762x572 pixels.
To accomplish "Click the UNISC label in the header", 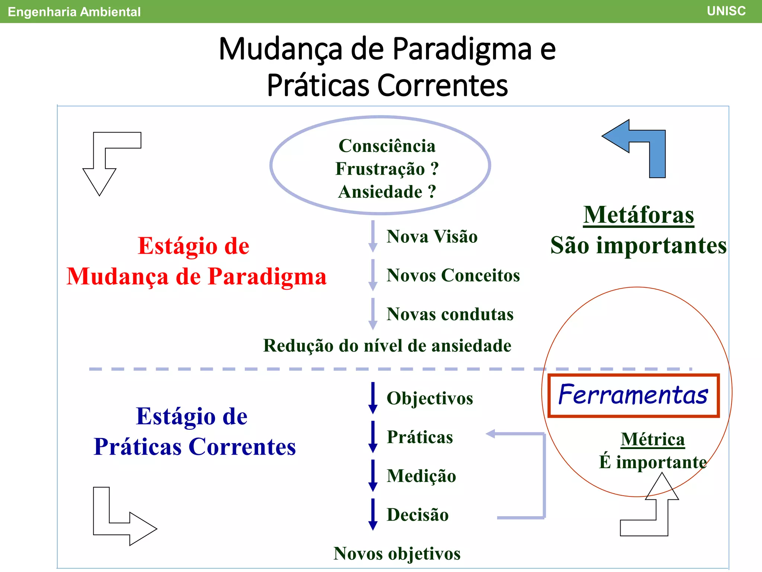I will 726,11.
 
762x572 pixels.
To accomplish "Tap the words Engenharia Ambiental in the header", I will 74,12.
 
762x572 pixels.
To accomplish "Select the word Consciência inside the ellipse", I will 387,146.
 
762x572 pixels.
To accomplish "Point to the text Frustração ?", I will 387,169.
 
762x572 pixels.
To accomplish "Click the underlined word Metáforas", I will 638,215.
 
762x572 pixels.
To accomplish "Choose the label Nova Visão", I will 432,237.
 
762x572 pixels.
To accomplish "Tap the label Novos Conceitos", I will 453,276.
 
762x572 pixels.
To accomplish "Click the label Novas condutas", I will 450,314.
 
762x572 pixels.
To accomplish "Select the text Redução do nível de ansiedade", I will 387,346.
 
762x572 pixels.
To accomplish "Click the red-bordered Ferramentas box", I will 633,395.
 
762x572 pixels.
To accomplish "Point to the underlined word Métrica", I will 653,439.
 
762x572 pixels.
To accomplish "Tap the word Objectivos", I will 430,398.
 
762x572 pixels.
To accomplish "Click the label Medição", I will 421,476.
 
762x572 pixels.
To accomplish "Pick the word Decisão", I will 417,515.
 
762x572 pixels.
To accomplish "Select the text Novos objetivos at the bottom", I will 397,553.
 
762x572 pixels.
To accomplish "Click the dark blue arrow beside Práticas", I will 373,436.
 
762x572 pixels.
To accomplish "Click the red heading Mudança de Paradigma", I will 196,277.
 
